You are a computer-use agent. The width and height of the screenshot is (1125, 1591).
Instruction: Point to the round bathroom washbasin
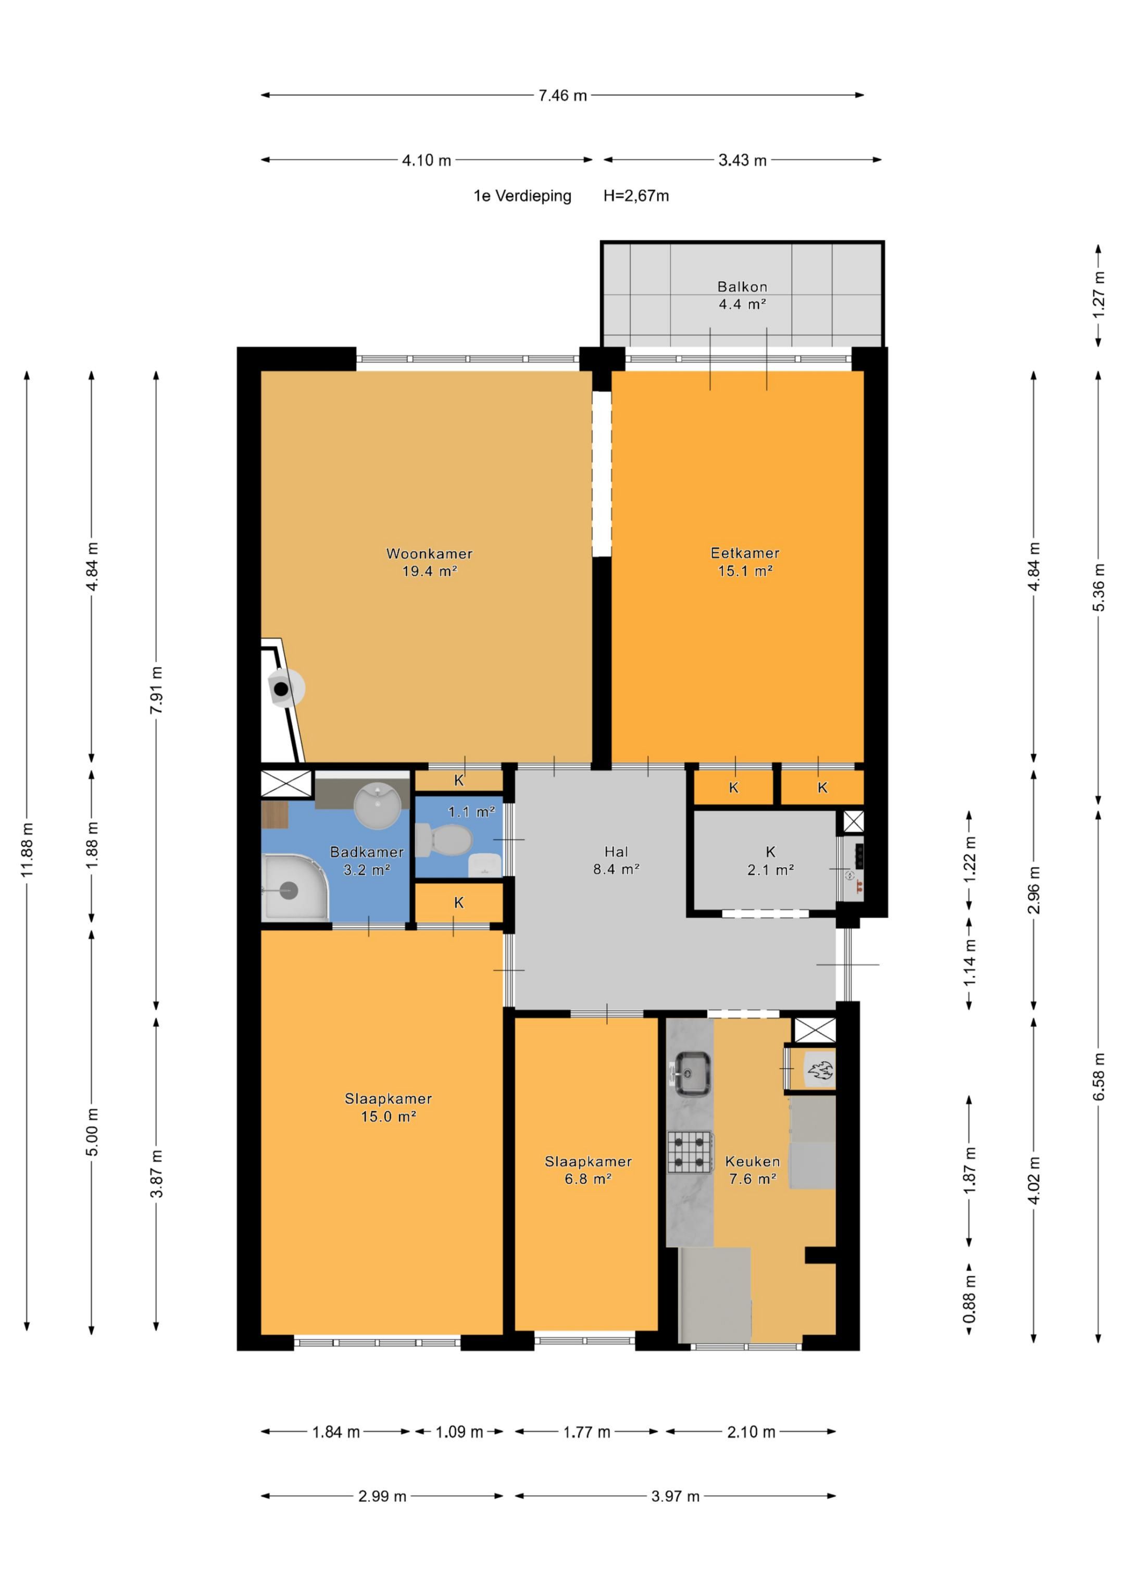pos(377,805)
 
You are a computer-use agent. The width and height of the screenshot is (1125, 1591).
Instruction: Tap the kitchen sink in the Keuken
pos(691,1073)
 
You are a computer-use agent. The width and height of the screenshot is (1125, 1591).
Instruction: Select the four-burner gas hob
pos(691,1151)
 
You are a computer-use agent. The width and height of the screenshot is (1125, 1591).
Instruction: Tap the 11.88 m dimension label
pos(27,850)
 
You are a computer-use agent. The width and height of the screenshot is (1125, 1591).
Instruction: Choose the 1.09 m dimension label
pos(459,1432)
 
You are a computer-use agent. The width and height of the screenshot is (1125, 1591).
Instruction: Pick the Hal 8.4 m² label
pos(616,860)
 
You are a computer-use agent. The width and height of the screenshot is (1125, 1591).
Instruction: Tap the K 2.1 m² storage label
pos(770,860)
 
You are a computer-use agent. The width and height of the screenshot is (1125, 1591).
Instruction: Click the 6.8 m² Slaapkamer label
pos(588,1170)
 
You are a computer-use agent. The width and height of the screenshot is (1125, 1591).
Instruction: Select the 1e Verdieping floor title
pos(522,196)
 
